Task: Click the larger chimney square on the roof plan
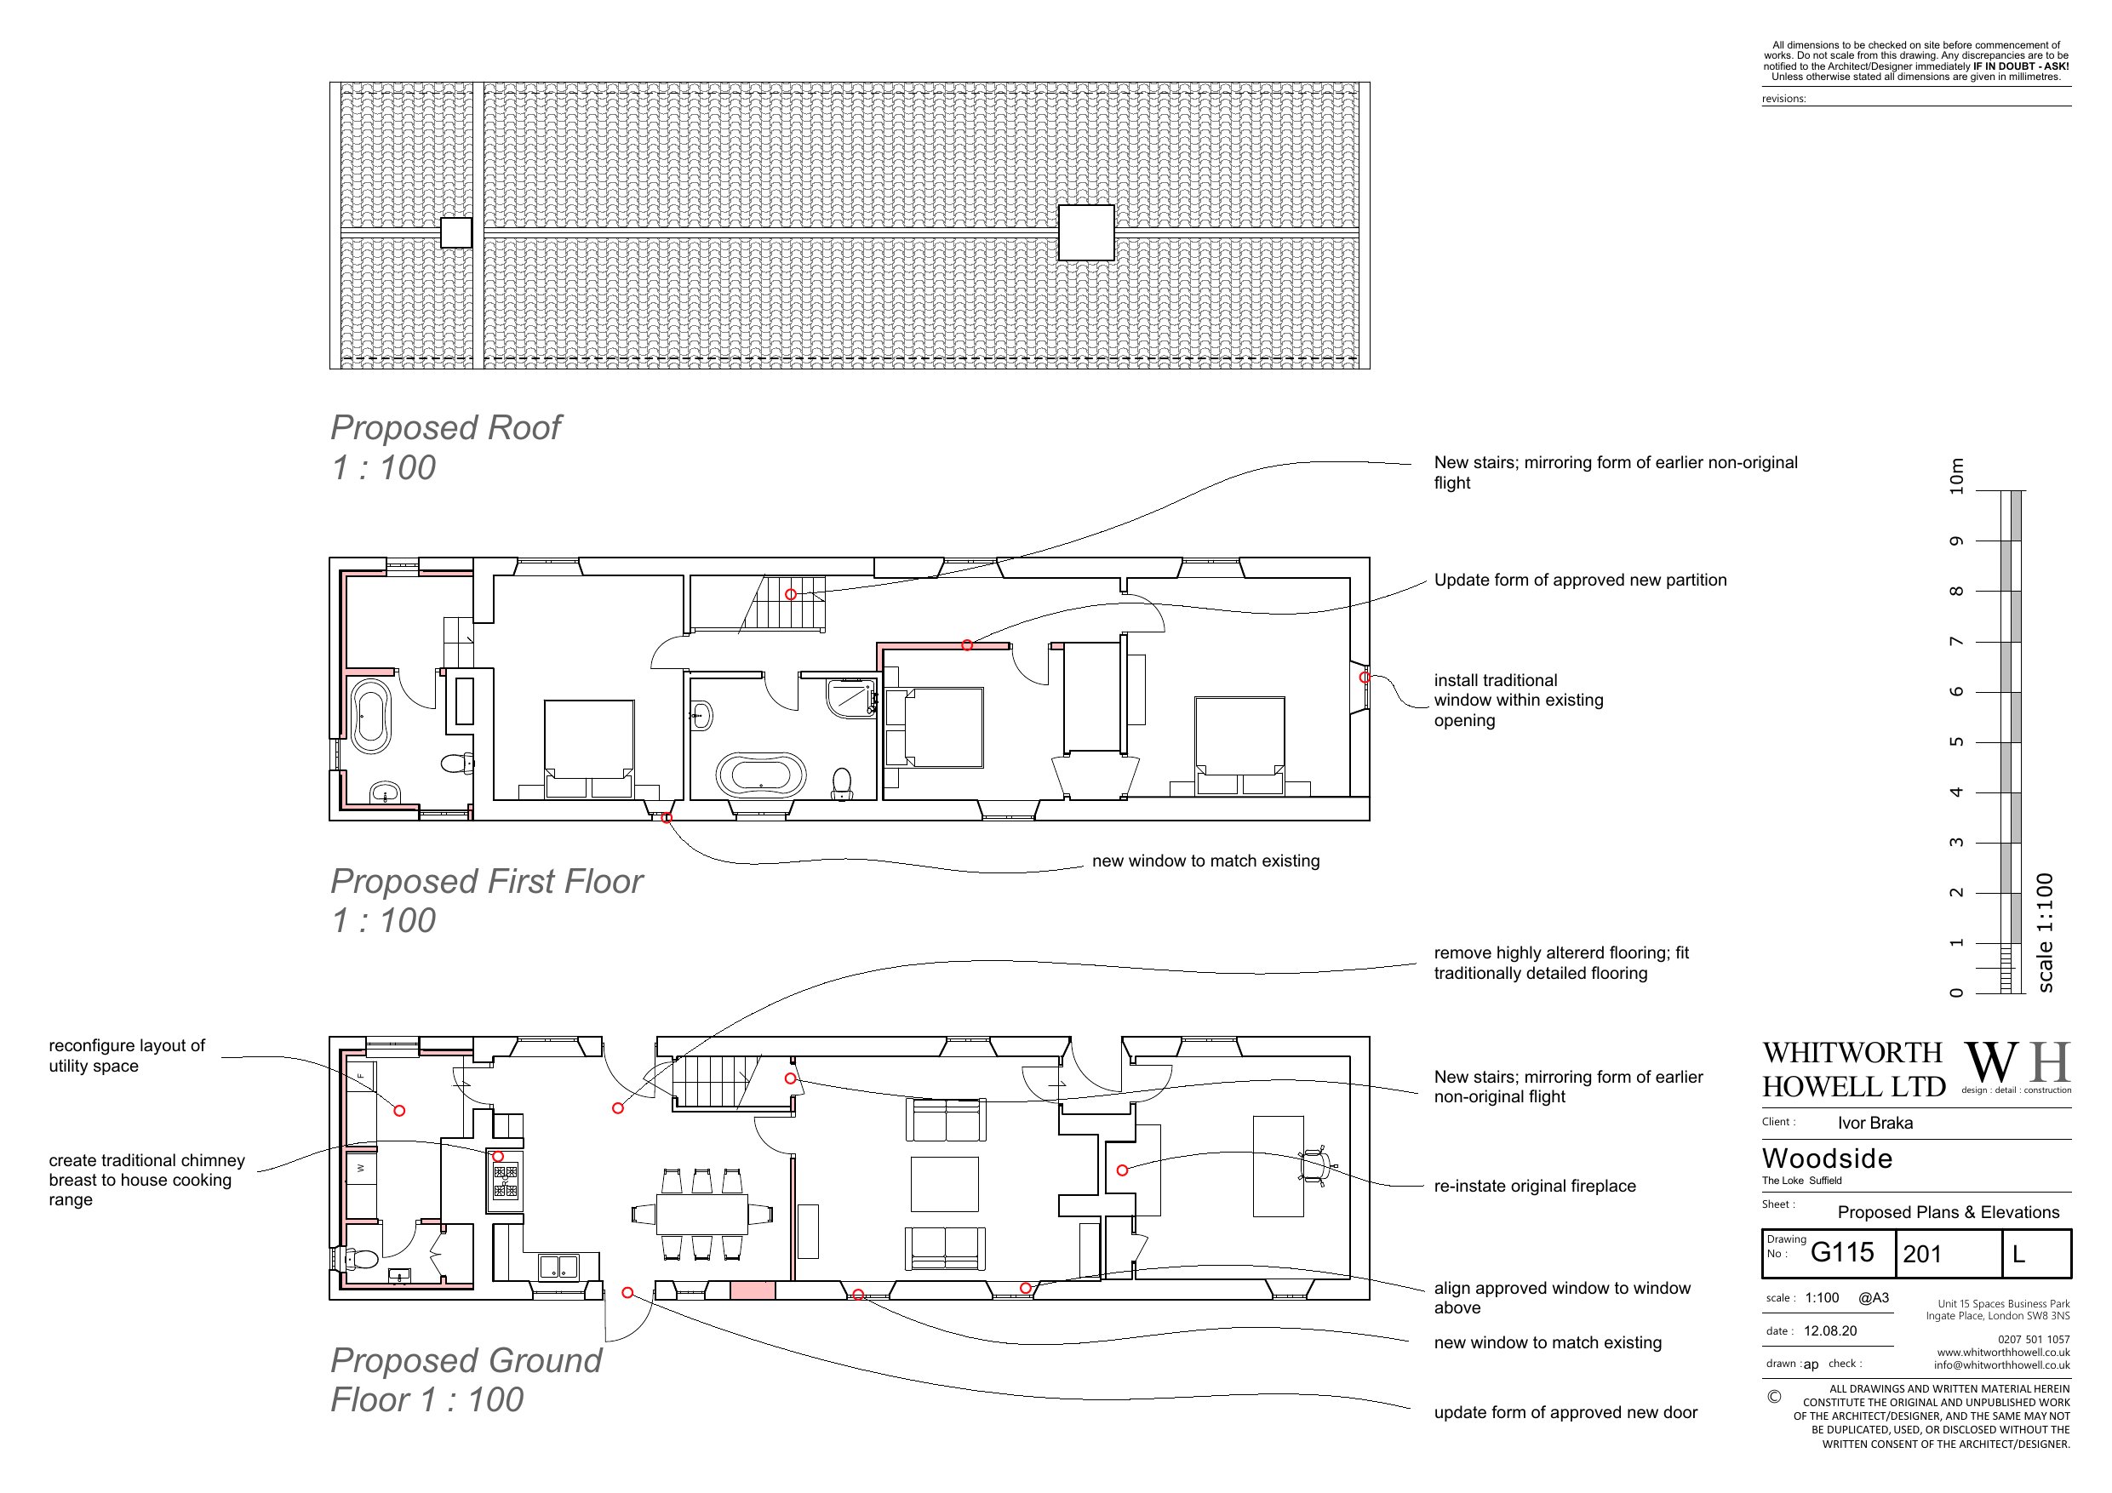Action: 1086,232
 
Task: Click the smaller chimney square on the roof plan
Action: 456,232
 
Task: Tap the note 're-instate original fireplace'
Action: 1534,1186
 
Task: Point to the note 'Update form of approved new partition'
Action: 1580,580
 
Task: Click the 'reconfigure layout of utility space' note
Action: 127,1055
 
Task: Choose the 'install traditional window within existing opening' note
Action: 1519,700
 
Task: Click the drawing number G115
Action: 1841,1252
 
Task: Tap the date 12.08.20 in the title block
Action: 1829,1330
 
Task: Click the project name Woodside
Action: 1827,1158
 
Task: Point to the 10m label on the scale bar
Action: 1956,477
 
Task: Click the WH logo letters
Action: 2018,1063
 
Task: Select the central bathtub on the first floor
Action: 761,775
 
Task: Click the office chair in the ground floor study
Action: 1317,1166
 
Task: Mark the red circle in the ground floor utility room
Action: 399,1110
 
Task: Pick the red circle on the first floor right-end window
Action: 1365,677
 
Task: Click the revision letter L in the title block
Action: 2018,1254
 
